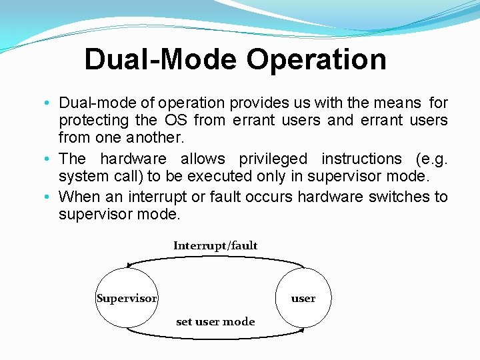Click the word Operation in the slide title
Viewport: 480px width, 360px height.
[317, 59]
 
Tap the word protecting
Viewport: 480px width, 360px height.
[93, 121]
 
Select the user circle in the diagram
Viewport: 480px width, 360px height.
[303, 298]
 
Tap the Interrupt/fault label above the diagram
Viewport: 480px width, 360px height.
[215, 245]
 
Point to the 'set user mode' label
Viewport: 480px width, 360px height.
[215, 321]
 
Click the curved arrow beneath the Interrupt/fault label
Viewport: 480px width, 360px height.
[215, 257]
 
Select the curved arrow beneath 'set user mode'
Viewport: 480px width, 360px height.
[215, 334]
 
